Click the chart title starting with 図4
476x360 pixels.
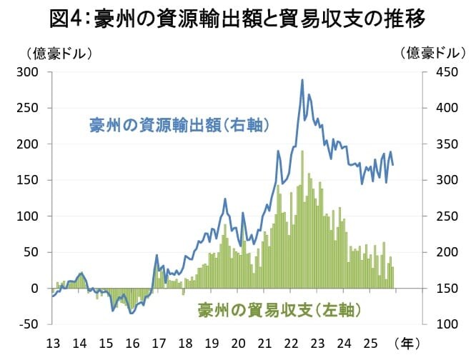[238, 18]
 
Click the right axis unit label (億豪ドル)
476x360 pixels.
[432, 53]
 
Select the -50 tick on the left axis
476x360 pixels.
[29, 324]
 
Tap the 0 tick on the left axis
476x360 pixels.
[34, 288]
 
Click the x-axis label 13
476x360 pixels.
[52, 343]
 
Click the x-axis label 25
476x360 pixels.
[370, 343]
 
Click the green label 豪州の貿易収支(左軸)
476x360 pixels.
[279, 309]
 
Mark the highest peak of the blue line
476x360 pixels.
[302, 80]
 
